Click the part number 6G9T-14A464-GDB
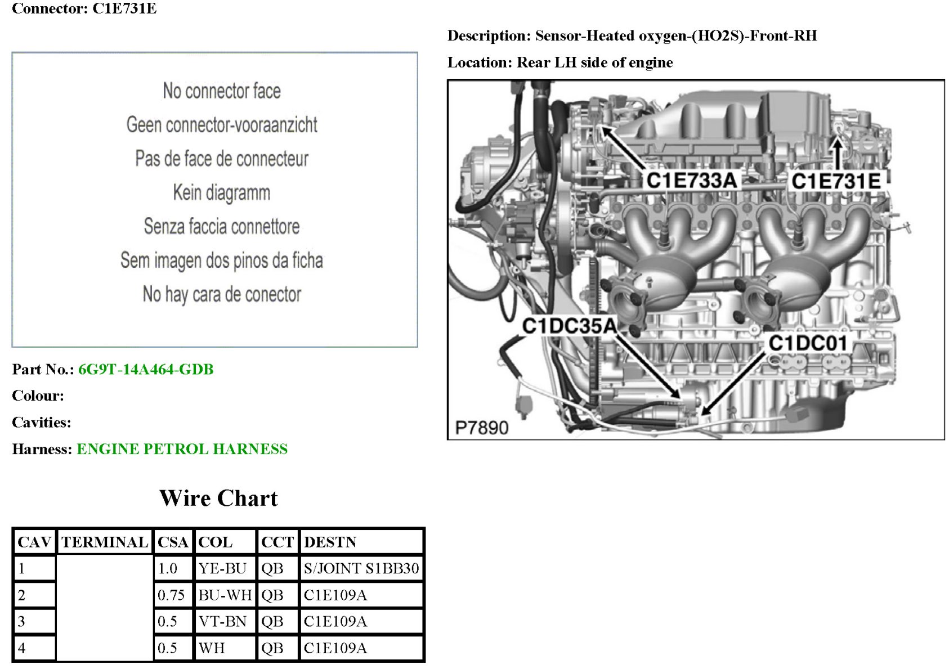click(146, 370)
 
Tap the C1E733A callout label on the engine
click(691, 181)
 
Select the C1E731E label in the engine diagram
click(836, 181)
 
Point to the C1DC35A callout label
click(569, 326)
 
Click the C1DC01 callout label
click(808, 343)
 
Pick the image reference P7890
click(481, 428)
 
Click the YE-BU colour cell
click(222, 568)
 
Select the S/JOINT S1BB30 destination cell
click(361, 568)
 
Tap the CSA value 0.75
click(171, 595)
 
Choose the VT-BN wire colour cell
click(222, 622)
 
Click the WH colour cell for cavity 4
click(212, 648)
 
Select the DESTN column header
click(330, 542)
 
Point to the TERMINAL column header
click(105, 542)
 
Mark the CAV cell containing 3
click(22, 622)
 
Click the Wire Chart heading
click(218, 499)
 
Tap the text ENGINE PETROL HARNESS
click(182, 449)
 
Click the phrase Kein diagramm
click(221, 192)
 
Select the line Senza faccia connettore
click(221, 226)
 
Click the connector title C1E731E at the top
click(124, 8)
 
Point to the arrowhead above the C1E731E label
click(837, 145)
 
